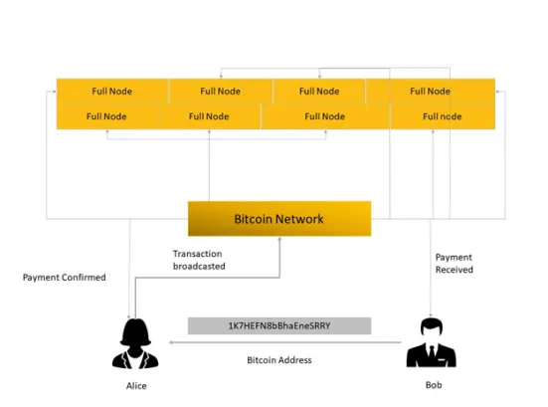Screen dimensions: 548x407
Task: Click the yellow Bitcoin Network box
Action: tap(279, 219)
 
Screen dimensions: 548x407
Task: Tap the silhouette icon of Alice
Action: tap(135, 343)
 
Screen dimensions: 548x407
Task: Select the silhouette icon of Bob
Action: tap(432, 342)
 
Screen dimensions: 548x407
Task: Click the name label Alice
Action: tap(136, 386)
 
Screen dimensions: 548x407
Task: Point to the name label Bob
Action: tap(434, 385)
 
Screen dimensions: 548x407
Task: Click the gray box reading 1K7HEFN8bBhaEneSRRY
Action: tap(279, 325)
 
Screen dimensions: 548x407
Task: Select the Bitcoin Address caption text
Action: tap(279, 360)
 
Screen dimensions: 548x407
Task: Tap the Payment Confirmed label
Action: tap(65, 278)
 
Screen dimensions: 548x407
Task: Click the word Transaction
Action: tap(198, 254)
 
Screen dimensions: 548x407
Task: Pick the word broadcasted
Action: tap(199, 266)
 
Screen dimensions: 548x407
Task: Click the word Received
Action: tap(454, 270)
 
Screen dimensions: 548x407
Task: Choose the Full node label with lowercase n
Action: tap(443, 116)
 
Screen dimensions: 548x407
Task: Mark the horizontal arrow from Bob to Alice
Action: tap(285, 342)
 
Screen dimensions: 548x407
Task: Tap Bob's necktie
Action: tap(432, 350)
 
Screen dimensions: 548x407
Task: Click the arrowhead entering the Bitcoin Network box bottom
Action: tap(279, 240)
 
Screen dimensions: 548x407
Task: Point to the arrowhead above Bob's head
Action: tap(431, 315)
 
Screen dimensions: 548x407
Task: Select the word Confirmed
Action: tap(84, 278)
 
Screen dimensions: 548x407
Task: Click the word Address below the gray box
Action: tap(295, 360)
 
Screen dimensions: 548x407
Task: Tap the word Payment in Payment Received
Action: tap(454, 258)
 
